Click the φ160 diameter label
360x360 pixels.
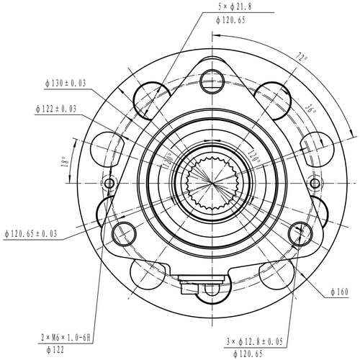(x=338, y=292)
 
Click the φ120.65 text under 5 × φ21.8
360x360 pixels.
(x=230, y=20)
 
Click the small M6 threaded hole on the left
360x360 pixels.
(x=110, y=184)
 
